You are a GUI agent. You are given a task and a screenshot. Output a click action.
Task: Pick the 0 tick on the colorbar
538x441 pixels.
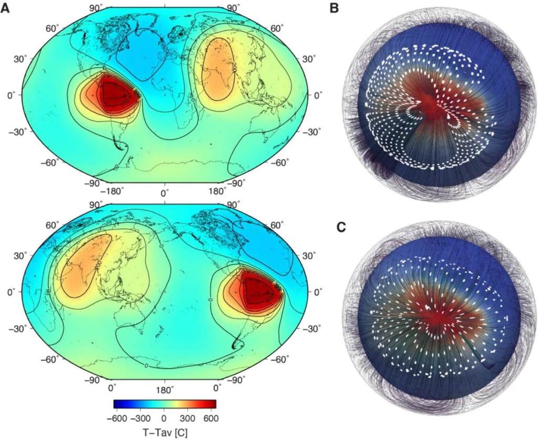point(164,418)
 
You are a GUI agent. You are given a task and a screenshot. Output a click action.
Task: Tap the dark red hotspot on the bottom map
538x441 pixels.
point(257,289)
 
